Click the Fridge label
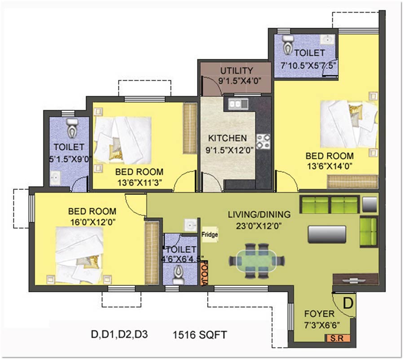coord(210,234)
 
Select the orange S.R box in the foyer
coord(337,338)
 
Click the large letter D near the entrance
coord(348,303)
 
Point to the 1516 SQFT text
coord(199,335)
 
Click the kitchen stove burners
coord(263,141)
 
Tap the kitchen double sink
coord(238,104)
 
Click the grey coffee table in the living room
coord(327,234)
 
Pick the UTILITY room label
coord(237,70)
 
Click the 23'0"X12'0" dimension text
coord(259,226)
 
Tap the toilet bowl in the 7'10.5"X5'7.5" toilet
coord(287,44)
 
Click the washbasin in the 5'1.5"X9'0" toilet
coord(55,178)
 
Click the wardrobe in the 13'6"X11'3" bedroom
coord(190,128)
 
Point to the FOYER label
coord(319,314)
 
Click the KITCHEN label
coord(227,138)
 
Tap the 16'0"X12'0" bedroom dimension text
coord(92,222)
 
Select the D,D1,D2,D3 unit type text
coord(119,334)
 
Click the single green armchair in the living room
coord(369,232)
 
